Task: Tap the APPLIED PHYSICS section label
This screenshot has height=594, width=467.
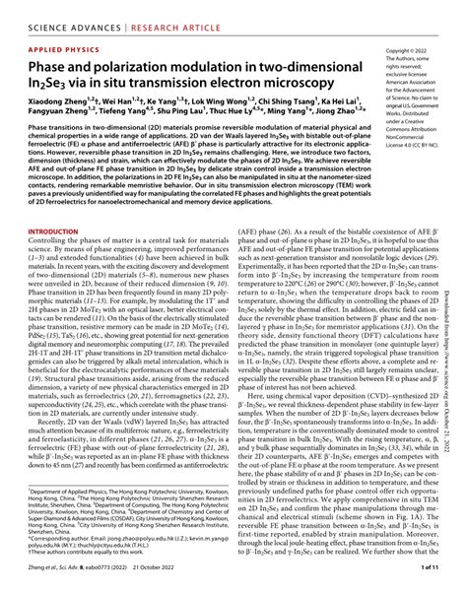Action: (48, 45)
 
